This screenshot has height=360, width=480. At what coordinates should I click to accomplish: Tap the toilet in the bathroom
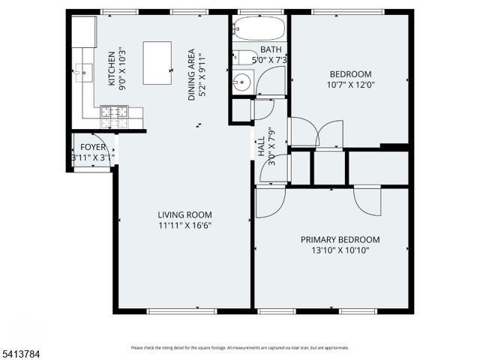244,58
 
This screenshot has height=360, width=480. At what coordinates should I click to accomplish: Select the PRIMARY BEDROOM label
340,240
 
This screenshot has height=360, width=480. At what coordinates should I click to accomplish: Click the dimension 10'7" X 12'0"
350,85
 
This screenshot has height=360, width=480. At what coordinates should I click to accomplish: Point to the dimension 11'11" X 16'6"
184,225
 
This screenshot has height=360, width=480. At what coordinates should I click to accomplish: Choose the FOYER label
92,148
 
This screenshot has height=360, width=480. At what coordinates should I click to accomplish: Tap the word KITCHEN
112,68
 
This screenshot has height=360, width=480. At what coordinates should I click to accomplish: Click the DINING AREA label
192,75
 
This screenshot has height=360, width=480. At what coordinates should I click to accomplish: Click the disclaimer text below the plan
239,347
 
